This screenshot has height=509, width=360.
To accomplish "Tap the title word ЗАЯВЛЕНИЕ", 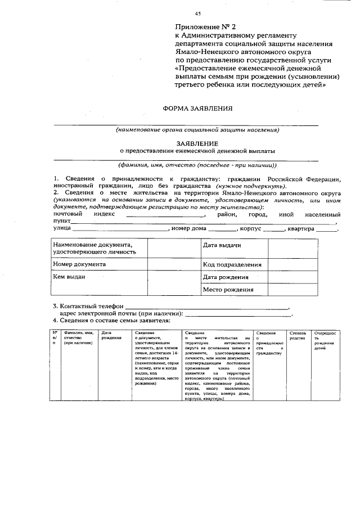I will pyautogui.click(x=197, y=143).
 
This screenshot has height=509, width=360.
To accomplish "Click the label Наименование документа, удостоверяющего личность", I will pyautogui.click(x=94, y=248).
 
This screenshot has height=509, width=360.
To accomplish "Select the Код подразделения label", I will pyautogui.click(x=232, y=264).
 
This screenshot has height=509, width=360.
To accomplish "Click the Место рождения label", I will pyautogui.click(x=228, y=290).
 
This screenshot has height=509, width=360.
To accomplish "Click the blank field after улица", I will pyautogui.click(x=120, y=230).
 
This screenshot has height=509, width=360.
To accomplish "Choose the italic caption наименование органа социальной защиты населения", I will pyautogui.click(x=197, y=130).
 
